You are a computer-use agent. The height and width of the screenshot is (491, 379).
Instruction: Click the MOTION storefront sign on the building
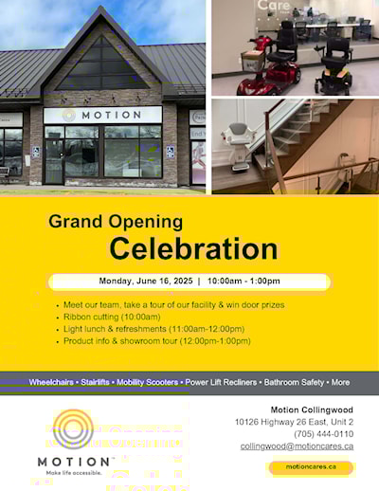[x=102, y=115]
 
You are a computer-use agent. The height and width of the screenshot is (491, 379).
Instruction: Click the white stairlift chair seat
[x=238, y=146]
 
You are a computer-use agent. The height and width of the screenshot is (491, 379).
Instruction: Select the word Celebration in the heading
[x=193, y=248]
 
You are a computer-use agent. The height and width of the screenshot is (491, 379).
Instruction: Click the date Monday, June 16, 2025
[x=146, y=281]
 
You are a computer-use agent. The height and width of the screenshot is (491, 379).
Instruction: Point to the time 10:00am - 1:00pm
[x=244, y=281]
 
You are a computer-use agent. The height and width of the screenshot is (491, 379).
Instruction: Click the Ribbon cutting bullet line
[x=112, y=317]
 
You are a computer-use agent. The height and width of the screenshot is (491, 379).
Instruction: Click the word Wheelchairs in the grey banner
[x=51, y=382]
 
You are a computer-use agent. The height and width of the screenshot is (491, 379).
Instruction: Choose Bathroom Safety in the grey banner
[x=294, y=382]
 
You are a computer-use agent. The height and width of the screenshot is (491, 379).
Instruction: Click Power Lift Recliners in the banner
[x=221, y=382]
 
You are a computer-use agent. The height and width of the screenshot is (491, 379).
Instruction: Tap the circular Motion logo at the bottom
[x=73, y=428]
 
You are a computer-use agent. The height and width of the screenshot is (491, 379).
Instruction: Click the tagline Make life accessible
[x=74, y=473]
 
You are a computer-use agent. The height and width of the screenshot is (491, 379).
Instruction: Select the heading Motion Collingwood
[x=312, y=409]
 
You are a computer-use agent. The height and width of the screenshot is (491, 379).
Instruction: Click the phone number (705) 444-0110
[x=323, y=434]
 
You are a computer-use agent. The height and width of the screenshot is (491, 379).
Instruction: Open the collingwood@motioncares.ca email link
[x=297, y=446]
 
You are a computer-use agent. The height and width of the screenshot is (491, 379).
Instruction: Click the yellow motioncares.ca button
[x=311, y=467]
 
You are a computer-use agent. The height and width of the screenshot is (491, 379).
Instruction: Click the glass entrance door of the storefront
[x=54, y=162]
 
